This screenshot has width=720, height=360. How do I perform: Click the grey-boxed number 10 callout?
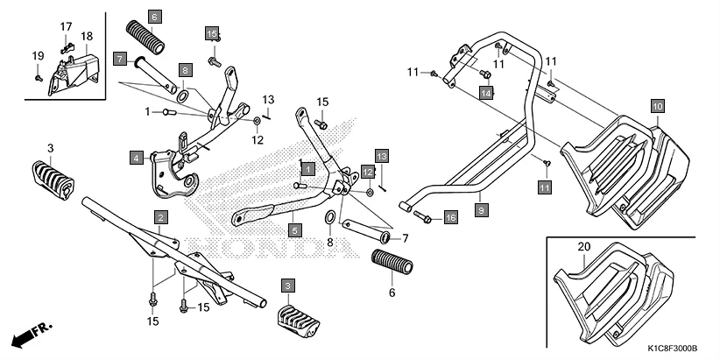tap(658, 105)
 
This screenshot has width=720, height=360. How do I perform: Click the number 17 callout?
tap(66, 27)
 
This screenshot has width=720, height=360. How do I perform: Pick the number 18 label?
tap(87, 36)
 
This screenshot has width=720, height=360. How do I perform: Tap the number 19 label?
tap(38, 56)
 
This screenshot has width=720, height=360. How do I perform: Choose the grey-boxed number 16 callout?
tap(450, 216)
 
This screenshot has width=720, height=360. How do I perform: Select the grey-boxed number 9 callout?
tap(481, 210)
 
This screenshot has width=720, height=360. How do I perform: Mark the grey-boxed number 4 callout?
tap(137, 159)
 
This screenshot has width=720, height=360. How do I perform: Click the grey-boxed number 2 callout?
tap(160, 216)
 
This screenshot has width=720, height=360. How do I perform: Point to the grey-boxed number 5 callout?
tap(294, 230)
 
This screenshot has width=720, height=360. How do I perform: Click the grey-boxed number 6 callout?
tap(155, 17)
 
